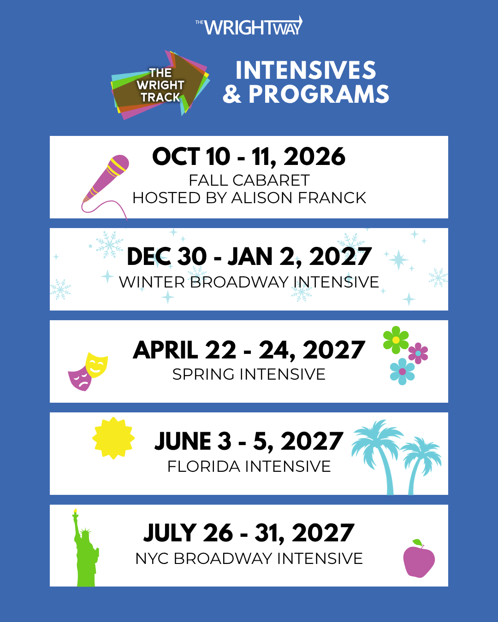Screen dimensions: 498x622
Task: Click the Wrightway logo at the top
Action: click(x=249, y=26)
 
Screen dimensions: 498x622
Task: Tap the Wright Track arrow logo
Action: click(x=160, y=85)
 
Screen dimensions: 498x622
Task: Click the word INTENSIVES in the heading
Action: click(x=306, y=70)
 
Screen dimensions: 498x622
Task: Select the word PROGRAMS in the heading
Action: click(x=319, y=94)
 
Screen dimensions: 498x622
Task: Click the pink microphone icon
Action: click(x=105, y=185)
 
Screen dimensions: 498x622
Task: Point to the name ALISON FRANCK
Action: click(x=299, y=198)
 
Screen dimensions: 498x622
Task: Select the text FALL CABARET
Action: click(x=249, y=180)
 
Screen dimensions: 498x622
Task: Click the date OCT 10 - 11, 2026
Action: click(x=249, y=157)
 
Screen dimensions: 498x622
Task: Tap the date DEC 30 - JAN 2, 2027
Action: click(x=249, y=257)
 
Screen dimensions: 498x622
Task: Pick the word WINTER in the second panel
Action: click(x=152, y=282)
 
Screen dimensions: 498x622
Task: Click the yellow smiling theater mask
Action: click(x=97, y=365)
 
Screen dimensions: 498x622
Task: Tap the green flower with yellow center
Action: click(x=396, y=340)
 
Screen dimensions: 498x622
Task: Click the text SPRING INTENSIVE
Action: click(x=249, y=374)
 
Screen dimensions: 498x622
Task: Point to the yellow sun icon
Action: click(x=113, y=438)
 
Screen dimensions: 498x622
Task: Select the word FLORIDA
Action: click(x=204, y=466)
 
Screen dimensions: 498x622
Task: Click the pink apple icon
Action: click(x=419, y=558)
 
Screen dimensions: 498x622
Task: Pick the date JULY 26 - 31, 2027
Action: click(x=249, y=533)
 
